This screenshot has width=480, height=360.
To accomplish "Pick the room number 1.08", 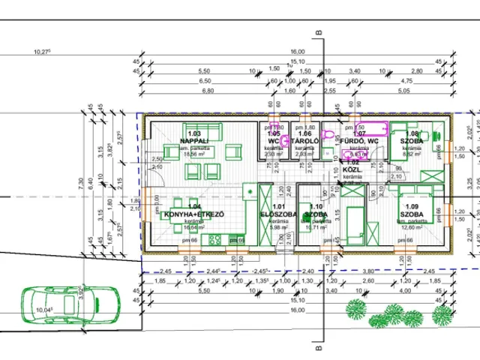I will pos(412,133).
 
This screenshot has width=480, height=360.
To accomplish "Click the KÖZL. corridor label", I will pos(353,169).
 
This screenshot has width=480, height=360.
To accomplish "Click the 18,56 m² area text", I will pos(192,154).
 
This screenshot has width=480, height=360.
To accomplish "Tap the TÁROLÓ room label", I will pos(305,140).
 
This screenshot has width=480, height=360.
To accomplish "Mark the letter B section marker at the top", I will pos(319,32).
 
